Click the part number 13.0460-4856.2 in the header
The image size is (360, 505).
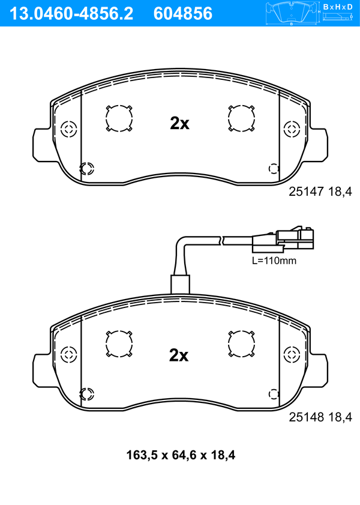[71, 14]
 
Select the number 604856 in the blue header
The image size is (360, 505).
[183, 14]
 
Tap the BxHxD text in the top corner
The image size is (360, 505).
[337, 7]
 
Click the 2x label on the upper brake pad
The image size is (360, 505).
[179, 123]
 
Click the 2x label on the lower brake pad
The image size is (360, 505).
[179, 355]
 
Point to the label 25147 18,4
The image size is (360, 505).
[320, 192]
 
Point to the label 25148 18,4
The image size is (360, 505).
[320, 417]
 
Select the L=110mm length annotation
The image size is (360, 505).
[274, 260]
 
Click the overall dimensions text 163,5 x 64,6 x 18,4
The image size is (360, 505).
[181, 455]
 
